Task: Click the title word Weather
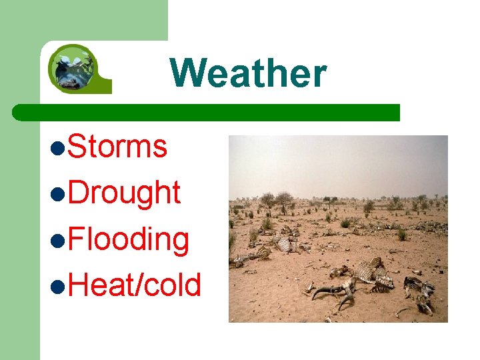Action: coord(248,73)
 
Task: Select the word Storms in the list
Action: coord(117,146)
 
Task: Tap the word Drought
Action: coord(124,193)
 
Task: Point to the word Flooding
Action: coord(128,239)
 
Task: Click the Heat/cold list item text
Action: coord(134,285)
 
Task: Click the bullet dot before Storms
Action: coord(58,148)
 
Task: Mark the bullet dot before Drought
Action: coord(58,195)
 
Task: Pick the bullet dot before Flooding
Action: coord(58,241)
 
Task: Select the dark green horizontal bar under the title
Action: coord(207,112)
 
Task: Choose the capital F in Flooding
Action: coord(75,239)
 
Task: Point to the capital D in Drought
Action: coord(77,193)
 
